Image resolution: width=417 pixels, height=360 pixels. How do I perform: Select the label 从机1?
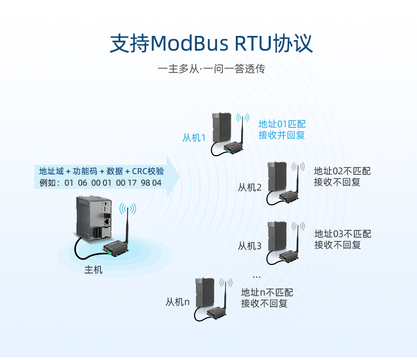[x=194, y=138]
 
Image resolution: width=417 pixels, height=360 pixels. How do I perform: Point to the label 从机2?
[x=249, y=187]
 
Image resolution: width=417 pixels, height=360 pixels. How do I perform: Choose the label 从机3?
[x=249, y=245]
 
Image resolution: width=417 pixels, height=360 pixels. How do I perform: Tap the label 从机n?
[x=177, y=302]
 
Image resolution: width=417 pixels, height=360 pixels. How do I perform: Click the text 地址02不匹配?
[x=342, y=171]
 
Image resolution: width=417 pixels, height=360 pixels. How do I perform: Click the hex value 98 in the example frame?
[x=145, y=183]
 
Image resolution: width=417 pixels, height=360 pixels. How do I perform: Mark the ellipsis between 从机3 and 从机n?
[x=257, y=276]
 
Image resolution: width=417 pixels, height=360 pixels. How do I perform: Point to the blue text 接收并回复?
[x=281, y=135]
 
